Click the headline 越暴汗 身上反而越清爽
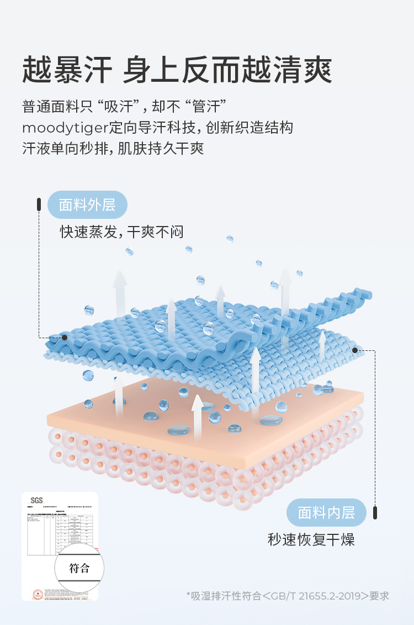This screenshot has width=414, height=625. [x=177, y=70]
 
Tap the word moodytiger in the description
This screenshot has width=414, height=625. [x=65, y=128]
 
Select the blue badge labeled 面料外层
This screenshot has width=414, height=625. [x=87, y=205]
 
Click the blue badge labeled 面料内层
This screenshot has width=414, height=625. [x=326, y=512]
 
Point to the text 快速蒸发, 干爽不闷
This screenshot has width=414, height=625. [x=121, y=232]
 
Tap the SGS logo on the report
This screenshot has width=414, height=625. [x=36, y=500]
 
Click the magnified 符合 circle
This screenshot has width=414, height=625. [x=79, y=568]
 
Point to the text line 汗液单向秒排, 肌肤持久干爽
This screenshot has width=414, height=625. [x=113, y=149]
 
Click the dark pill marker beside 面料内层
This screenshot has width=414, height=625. [x=375, y=512]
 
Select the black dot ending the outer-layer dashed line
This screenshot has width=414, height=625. [x=65, y=337]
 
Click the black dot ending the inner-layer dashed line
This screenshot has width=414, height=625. [x=354, y=350]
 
